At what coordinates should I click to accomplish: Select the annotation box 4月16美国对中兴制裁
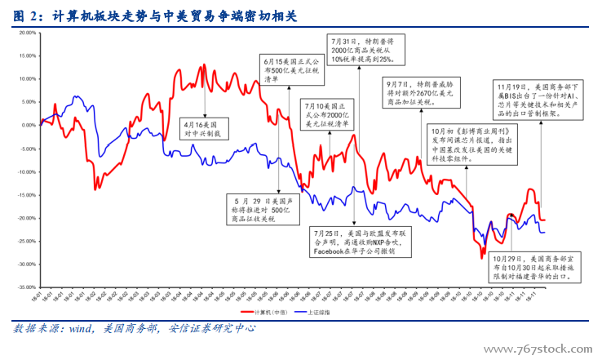(x=206, y=126)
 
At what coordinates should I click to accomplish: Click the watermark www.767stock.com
(x=542, y=349)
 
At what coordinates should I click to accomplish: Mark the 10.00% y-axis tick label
(x=26, y=79)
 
